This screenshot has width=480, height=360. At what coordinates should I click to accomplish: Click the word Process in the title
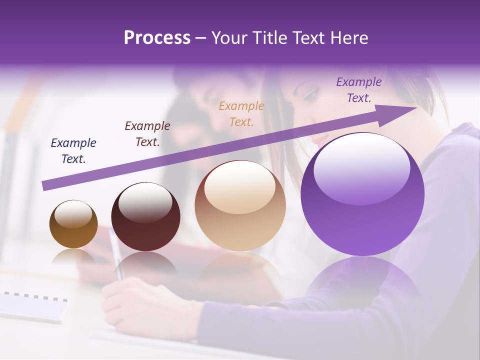pyautogui.click(x=157, y=38)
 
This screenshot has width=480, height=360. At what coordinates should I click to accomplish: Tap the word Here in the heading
pyautogui.click(x=349, y=38)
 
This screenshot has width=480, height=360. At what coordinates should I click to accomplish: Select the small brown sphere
pyautogui.click(x=73, y=224)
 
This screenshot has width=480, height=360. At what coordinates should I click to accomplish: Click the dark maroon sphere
pyautogui.click(x=145, y=217)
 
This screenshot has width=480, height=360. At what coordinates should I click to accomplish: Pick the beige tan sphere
pyautogui.click(x=240, y=205)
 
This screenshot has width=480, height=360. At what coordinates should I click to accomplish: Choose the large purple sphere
pyautogui.click(x=362, y=194)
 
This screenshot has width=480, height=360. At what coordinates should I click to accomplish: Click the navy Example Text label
pyautogui.click(x=73, y=151)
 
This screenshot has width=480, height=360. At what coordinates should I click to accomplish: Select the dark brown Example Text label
pyautogui.click(x=147, y=134)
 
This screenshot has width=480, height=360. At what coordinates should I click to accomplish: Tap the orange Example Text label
pyautogui.click(x=241, y=113)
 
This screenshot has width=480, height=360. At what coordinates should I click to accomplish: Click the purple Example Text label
pyautogui.click(x=359, y=90)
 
